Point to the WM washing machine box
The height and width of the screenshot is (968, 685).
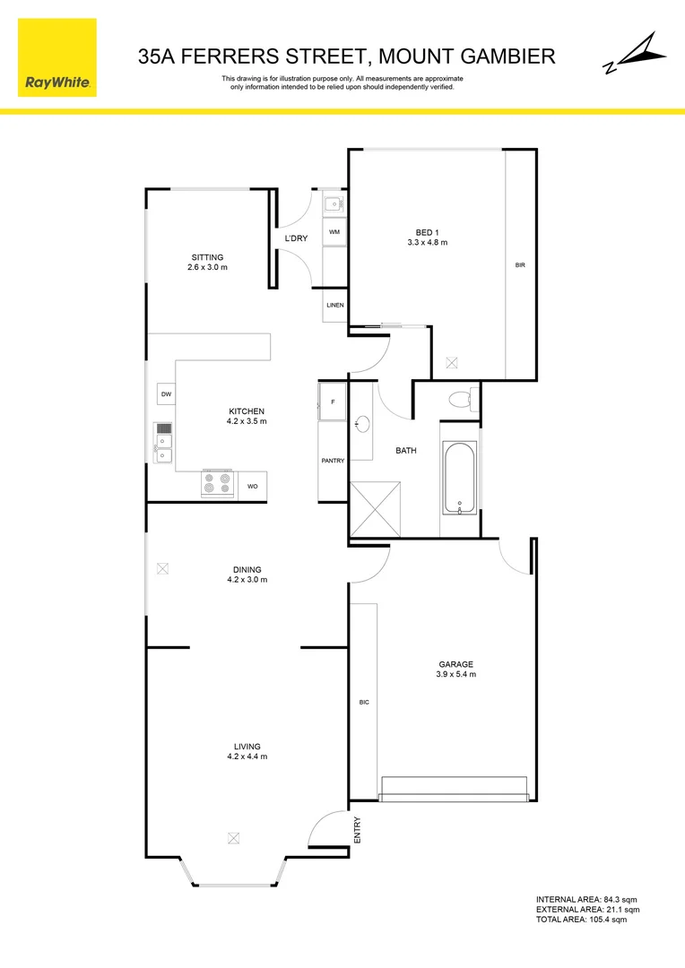[334, 232]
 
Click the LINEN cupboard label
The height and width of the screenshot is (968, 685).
[334, 306]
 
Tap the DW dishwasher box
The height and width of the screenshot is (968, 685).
[166, 394]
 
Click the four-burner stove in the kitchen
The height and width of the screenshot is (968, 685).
[218, 484]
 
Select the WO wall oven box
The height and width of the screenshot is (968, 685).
[252, 486]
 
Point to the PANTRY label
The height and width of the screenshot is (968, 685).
[333, 461]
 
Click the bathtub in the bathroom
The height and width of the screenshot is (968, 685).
[459, 478]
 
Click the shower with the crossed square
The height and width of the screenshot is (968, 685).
[374, 508]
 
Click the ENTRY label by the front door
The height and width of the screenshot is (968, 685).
[358, 828]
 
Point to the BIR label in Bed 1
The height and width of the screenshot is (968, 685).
[520, 265]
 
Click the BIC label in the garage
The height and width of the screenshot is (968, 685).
[363, 702]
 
